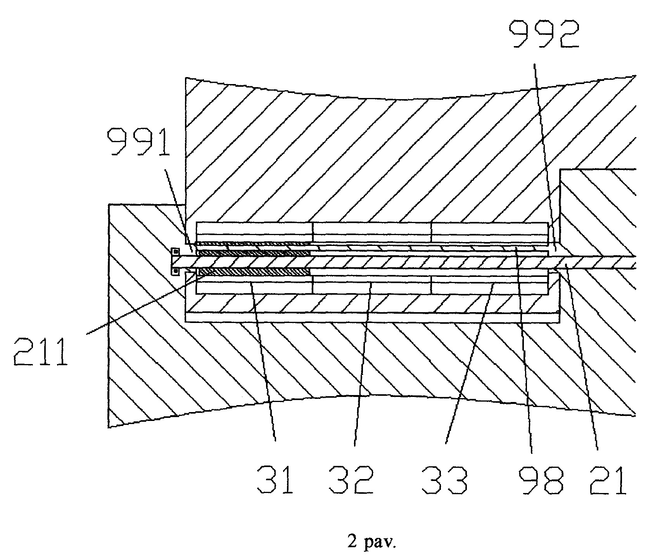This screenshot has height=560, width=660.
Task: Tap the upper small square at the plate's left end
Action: pos(175,251)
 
